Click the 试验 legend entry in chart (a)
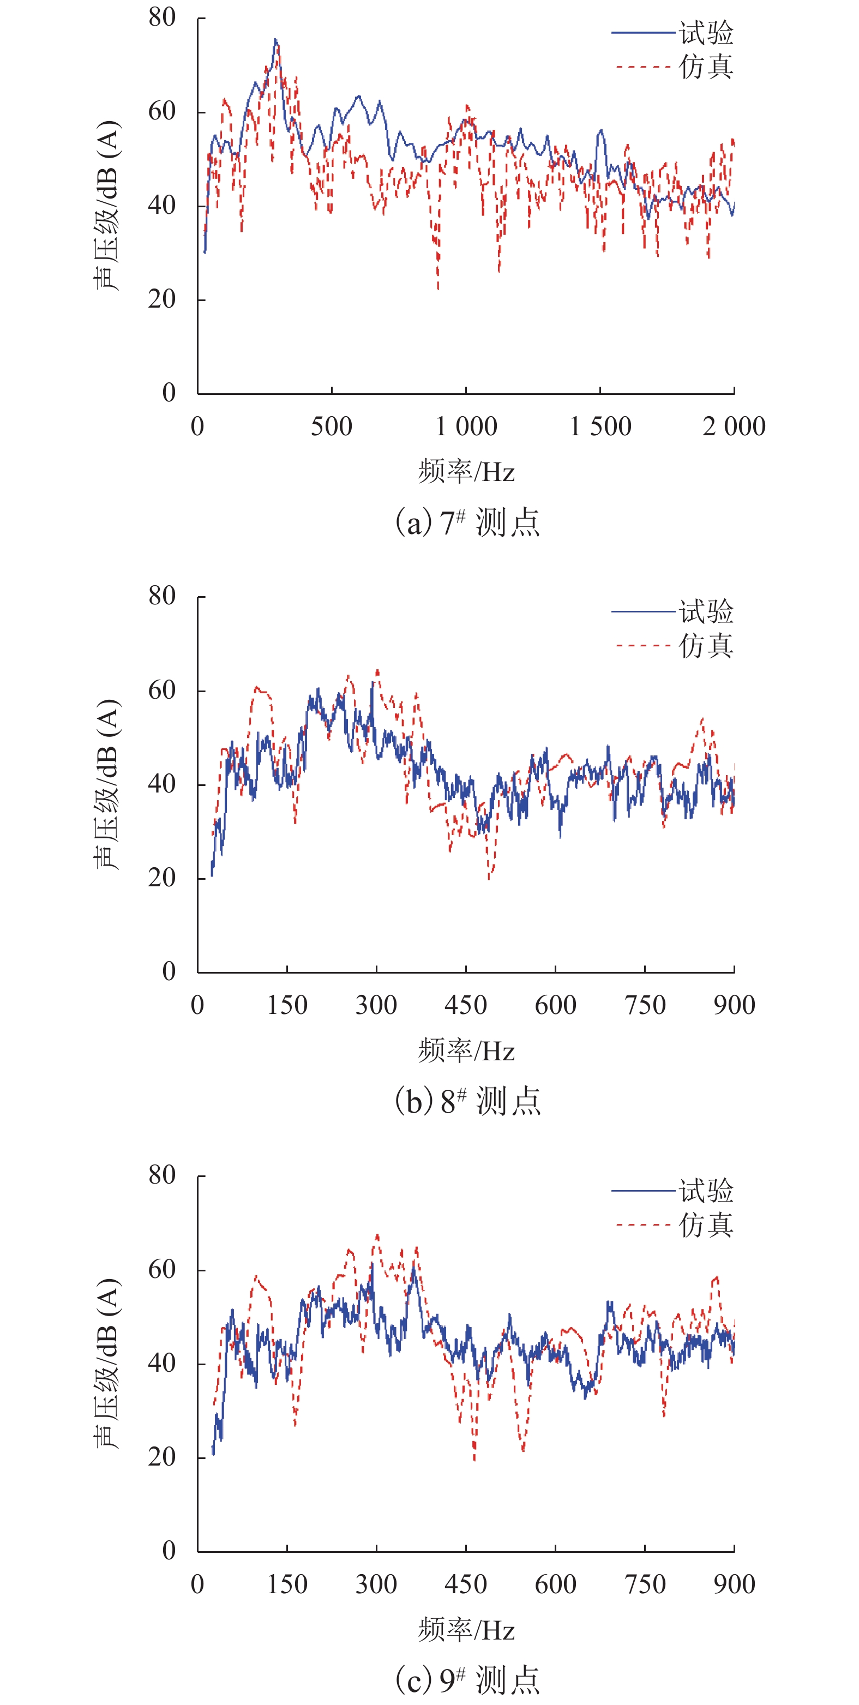pyautogui.click(x=705, y=32)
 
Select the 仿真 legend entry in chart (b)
pyautogui.click(x=705, y=645)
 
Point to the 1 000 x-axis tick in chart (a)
pyautogui.click(x=466, y=427)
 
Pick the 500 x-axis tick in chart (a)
pyautogui.click(x=332, y=427)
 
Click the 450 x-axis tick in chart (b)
pyautogui.click(x=466, y=1005)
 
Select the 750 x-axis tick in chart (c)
pyautogui.click(x=645, y=1584)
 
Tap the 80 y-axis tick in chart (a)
pyautogui.click(x=162, y=18)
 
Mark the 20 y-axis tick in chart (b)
pyautogui.click(x=162, y=878)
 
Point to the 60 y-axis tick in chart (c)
pyautogui.click(x=162, y=1270)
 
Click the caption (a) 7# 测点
pyautogui.click(x=467, y=523)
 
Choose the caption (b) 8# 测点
pyautogui.click(x=467, y=1101)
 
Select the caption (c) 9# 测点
pyautogui.click(x=467, y=1680)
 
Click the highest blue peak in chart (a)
pyautogui.click(x=275, y=40)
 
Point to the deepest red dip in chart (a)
pyautogui.click(x=437, y=288)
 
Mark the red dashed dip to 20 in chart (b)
pyautogui.click(x=490, y=878)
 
